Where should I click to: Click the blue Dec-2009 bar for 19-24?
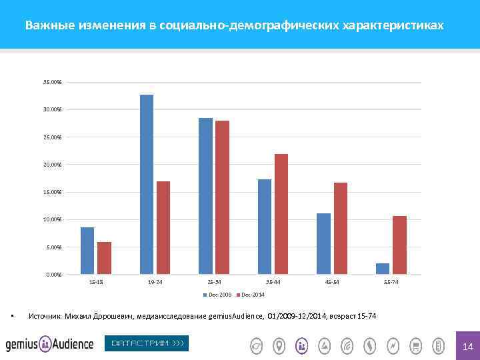click(147, 184)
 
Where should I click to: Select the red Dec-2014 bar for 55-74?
click(399, 245)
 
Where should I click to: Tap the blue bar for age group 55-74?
click(383, 269)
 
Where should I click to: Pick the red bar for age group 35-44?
click(281, 214)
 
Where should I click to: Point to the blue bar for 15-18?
click(87, 251)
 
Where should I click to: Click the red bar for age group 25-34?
click(222, 197)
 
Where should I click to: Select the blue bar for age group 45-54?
click(323, 243)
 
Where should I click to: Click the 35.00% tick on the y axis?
click(52, 82)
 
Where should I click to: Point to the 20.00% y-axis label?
click(52, 165)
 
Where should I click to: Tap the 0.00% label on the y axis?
click(53, 275)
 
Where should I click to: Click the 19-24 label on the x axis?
click(155, 283)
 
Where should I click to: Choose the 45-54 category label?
click(332, 283)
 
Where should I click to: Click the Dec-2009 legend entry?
click(219, 294)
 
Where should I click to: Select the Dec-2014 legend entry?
click(251, 294)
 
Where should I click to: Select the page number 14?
click(467, 346)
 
